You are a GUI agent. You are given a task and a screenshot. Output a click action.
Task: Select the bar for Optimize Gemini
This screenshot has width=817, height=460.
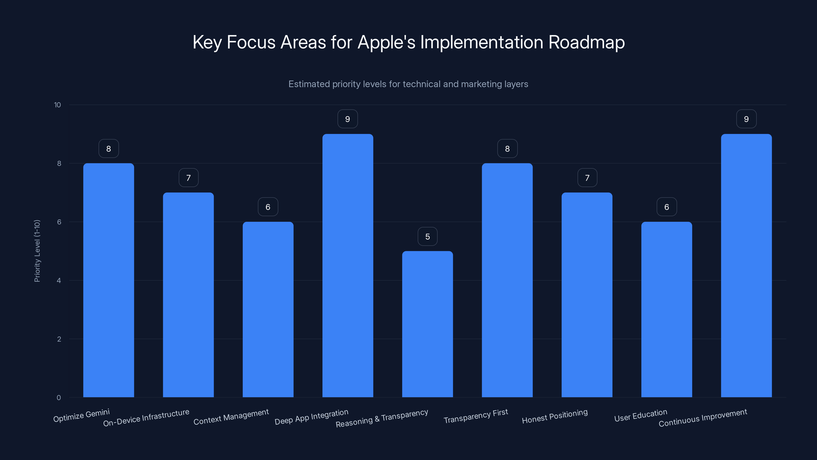[109, 280]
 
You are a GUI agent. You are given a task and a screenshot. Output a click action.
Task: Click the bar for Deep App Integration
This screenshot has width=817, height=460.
[347, 266]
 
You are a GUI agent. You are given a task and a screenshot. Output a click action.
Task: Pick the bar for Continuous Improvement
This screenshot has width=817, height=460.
[746, 266]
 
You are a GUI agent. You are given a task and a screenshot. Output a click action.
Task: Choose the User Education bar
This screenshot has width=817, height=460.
[666, 309]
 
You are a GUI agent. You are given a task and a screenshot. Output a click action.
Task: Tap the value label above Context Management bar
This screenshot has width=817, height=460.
[268, 207]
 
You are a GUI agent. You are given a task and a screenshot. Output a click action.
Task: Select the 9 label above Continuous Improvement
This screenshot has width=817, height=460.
[746, 119]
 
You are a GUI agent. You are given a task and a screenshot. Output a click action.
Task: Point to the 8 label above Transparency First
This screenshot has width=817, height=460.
[507, 148]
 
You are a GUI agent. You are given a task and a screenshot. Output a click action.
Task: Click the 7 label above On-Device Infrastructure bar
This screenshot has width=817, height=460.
[188, 178]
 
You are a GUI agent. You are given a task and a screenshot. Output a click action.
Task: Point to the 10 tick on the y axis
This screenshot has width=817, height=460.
[57, 105]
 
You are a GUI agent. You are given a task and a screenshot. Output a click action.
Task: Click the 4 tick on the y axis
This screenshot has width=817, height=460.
[59, 280]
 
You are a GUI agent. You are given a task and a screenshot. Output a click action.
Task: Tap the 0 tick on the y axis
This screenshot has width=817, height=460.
[59, 397]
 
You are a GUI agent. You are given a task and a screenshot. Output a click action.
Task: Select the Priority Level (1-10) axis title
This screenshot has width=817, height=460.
[37, 251]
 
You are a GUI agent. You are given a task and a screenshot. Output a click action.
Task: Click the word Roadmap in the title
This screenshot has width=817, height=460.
[586, 42]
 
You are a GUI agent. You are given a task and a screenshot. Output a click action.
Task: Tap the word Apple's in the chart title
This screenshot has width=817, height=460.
[386, 42]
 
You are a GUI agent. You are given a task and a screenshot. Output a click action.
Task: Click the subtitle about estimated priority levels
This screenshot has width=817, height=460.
[408, 84]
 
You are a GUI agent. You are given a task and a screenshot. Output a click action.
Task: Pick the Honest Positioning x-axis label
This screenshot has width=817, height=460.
[555, 416]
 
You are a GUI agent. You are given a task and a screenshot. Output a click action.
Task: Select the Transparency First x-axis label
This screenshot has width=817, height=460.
[475, 416]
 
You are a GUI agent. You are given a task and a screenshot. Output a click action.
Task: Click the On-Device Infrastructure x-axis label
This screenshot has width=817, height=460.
[146, 418]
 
